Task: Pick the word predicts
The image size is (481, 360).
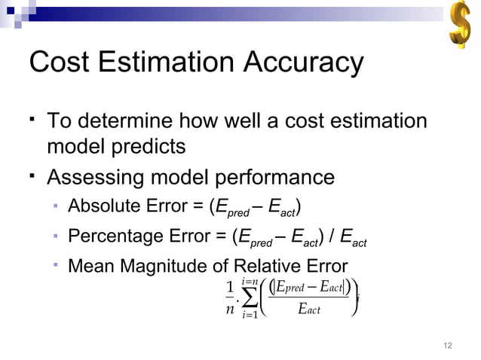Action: point(148,146)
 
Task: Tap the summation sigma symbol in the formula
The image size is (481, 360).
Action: point(249,298)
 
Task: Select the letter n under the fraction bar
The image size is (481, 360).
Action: point(230,310)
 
